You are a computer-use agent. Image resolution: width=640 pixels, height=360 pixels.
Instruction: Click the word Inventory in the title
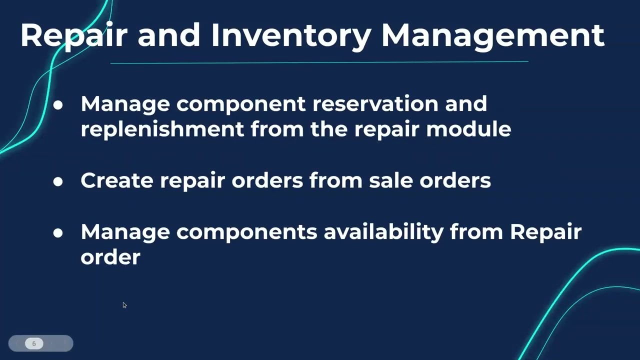291,36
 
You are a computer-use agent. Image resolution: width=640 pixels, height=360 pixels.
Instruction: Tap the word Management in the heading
493,35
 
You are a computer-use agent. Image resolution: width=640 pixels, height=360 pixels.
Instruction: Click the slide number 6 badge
34,343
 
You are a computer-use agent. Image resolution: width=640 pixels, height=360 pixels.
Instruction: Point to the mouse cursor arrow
124,305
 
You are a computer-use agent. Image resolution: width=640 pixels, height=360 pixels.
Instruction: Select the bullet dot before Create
58,181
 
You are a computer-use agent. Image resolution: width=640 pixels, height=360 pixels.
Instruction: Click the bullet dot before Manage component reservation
58,105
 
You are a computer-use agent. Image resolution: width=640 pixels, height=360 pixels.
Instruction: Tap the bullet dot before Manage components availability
58,233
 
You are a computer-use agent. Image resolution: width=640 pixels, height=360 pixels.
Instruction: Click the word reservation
375,103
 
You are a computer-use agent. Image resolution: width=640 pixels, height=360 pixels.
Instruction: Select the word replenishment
162,129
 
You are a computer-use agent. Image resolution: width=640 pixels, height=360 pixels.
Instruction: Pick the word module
468,129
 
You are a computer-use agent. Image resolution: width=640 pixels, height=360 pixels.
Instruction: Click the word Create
117,180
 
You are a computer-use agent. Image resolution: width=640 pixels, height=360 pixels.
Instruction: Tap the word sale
391,180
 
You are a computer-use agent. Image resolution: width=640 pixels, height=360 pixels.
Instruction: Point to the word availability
383,232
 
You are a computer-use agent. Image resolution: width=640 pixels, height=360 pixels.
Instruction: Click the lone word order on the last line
110,257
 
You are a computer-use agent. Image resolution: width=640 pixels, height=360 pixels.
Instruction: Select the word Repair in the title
73,36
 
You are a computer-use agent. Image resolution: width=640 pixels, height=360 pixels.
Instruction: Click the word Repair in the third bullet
545,232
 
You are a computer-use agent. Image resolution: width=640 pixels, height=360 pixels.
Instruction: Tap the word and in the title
169,35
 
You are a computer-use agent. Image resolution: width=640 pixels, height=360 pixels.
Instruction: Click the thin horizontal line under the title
319,62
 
